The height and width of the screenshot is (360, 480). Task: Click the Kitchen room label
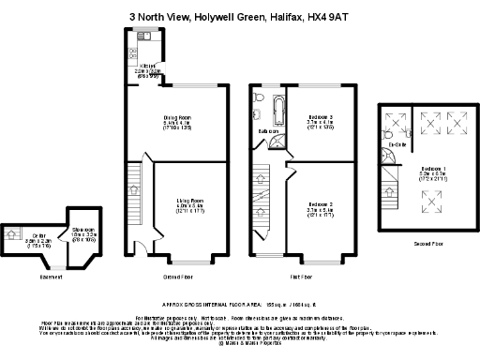coord(147,66)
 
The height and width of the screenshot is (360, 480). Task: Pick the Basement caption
coord(52,277)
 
